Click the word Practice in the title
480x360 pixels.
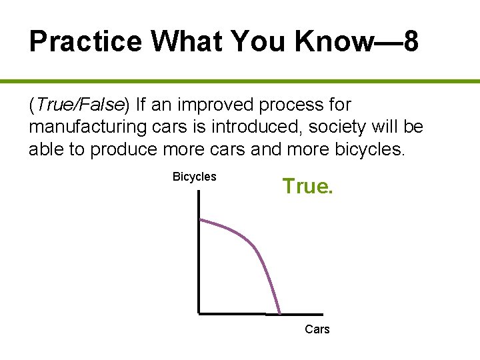[x=86, y=42]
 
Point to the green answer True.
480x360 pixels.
[x=306, y=186]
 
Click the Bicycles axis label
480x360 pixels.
[x=194, y=177]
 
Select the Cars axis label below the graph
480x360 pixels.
[x=317, y=329]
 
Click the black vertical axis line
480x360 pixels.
[x=198, y=253]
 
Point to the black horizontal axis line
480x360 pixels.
[x=260, y=313]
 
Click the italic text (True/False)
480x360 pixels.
[x=77, y=105]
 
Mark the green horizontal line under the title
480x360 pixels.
[x=240, y=81]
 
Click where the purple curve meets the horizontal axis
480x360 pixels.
[x=279, y=312]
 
